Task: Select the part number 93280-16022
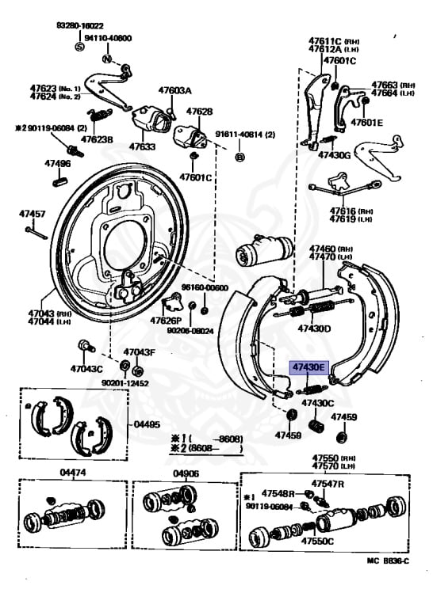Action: [x=80, y=25]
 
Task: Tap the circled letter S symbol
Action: [x=79, y=47]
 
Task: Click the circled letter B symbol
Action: [x=239, y=158]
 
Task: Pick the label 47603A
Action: [x=174, y=91]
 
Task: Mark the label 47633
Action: [x=143, y=146]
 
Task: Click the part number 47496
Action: [x=57, y=164]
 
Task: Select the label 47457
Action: [x=33, y=214]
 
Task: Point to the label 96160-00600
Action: [x=204, y=287]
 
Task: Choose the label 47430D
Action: [x=314, y=329]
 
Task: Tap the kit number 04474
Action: [x=72, y=473]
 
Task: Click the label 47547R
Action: [x=327, y=483]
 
